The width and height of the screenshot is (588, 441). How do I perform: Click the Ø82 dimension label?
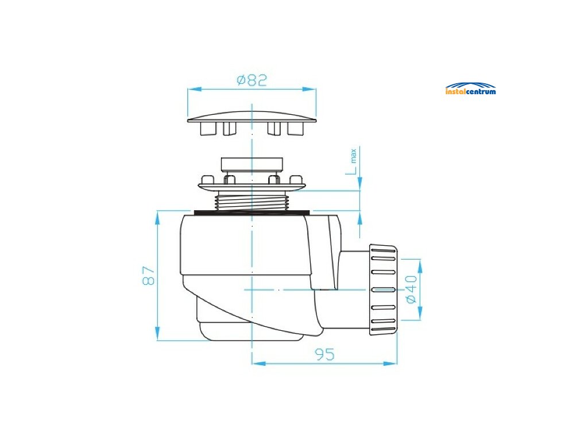point(252,80)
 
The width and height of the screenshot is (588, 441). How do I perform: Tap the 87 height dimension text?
point(149,276)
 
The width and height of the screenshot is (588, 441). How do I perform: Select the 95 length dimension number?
point(324,355)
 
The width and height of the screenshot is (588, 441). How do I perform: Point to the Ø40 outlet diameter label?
point(411,290)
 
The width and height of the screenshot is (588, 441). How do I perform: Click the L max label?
point(353,163)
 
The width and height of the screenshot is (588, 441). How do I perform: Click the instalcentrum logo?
point(470,89)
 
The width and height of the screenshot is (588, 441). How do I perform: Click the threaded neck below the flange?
point(252,201)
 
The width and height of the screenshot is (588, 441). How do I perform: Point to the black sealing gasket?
point(252,212)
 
